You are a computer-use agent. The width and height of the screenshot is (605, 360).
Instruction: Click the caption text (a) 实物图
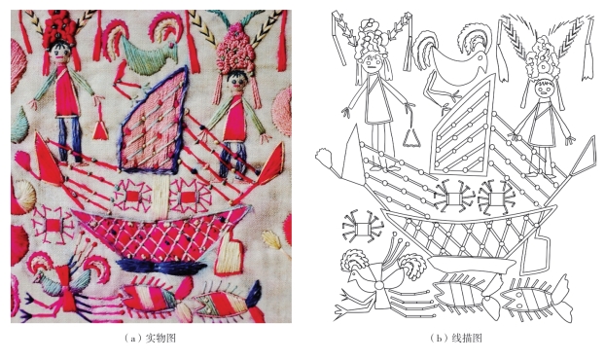pyautogui.click(x=150, y=339)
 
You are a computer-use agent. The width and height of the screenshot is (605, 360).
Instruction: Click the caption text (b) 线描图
pyautogui.click(x=455, y=339)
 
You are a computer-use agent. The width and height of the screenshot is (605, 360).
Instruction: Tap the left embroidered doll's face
pyautogui.click(x=59, y=53)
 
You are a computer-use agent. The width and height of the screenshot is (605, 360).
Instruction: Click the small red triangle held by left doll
pyautogui.click(x=100, y=131)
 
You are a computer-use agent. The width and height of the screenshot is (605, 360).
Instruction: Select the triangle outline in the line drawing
pyautogui.click(x=412, y=138)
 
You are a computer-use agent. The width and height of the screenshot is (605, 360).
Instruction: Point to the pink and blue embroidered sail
pyautogui.click(x=155, y=121)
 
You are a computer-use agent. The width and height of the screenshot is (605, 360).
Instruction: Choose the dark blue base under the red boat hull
pyautogui.click(x=161, y=266)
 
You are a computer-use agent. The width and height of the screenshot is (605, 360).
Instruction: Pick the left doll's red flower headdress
pyautogui.click(x=58, y=28)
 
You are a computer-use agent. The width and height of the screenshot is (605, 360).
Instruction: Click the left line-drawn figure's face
pyautogui.click(x=371, y=64)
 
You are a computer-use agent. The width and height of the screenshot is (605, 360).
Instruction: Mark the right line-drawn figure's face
pyautogui.click(x=544, y=90)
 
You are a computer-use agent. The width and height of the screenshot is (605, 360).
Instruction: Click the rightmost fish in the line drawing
pyautogui.click(x=536, y=299)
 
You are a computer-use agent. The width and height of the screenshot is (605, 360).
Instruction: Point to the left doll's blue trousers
pyautogui.click(x=69, y=139)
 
